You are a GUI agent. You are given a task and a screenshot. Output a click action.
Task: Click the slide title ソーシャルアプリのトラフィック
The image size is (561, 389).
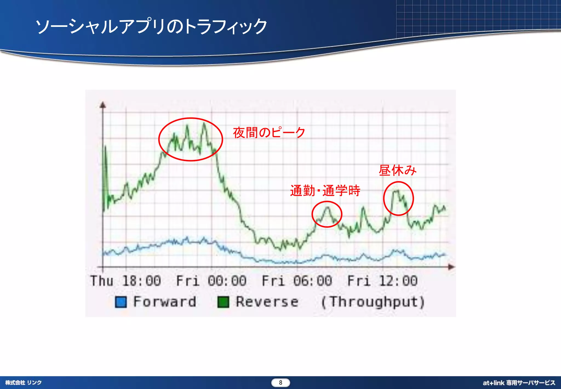151,27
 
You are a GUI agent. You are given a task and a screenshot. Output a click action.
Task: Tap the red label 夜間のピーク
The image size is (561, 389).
269,133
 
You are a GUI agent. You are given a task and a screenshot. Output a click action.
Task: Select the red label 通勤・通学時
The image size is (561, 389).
325,191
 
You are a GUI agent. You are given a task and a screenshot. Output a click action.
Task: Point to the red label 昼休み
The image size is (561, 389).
397,170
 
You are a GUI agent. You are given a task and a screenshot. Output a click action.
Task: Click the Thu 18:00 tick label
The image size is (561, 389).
126,281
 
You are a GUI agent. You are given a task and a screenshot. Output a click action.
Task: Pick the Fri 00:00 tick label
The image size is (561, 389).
211,281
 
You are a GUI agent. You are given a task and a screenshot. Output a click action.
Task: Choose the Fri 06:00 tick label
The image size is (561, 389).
297,281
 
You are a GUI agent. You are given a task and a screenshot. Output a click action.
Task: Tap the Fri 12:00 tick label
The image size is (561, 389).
382,281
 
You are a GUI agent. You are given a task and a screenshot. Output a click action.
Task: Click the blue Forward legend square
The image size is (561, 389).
121,302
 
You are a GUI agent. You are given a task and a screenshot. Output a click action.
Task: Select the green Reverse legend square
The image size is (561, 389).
223,302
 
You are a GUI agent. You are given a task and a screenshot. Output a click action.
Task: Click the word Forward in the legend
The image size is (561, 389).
165,302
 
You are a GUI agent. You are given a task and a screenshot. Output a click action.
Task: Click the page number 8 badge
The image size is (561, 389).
280,383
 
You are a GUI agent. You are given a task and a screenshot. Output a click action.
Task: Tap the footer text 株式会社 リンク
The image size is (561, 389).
24,383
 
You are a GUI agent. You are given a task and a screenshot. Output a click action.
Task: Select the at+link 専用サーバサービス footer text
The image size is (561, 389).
519,383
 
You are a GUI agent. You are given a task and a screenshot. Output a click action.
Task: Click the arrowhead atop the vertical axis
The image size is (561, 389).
103,105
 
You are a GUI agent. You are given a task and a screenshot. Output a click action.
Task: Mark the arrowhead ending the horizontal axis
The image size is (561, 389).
451,267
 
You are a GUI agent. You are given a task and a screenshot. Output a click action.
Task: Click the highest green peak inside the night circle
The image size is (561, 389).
204,124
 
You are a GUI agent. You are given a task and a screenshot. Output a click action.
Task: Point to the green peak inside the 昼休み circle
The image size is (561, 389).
396,190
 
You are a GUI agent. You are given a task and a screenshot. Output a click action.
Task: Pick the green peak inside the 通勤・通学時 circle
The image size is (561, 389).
328,208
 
